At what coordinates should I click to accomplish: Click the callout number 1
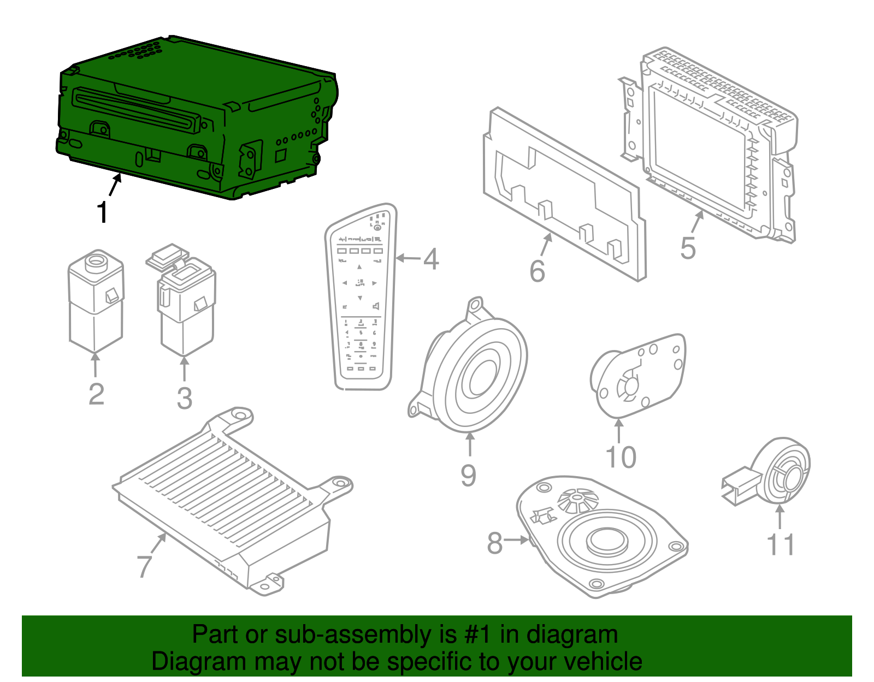[x=102, y=212]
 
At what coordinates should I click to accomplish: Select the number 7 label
[x=144, y=566]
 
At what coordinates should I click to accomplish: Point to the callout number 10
[x=621, y=457]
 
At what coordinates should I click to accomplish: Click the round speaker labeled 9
[x=475, y=371]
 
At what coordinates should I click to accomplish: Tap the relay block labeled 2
[x=96, y=303]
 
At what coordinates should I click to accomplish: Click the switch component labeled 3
[x=186, y=306]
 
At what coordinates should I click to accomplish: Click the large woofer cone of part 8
[x=606, y=541]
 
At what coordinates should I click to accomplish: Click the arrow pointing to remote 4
[x=408, y=258]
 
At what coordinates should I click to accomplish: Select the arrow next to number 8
[x=516, y=540]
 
